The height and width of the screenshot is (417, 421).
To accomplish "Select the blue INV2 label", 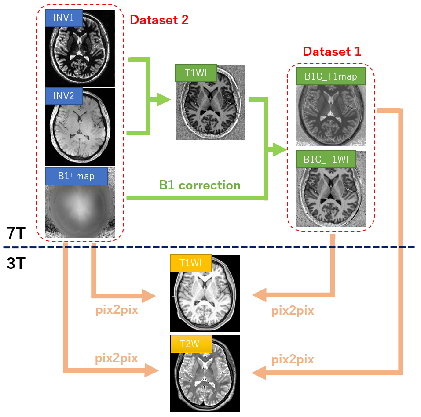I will pos(64,96).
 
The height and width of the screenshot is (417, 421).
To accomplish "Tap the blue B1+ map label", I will pos(76,176).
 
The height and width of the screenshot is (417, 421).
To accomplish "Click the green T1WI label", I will pos(195,73).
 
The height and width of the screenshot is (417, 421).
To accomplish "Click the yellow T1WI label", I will pos(190,263).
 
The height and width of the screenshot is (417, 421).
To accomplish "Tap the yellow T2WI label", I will pos(190,344).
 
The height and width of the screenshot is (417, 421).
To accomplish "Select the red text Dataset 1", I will pos(332,51).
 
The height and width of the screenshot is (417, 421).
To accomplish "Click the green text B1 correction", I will pos(200,185).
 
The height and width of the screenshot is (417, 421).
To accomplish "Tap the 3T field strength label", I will pos(16,263).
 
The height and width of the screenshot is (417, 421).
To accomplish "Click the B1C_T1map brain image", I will pos(331,115).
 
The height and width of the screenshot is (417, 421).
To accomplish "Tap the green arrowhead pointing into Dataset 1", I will pos(279,150).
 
